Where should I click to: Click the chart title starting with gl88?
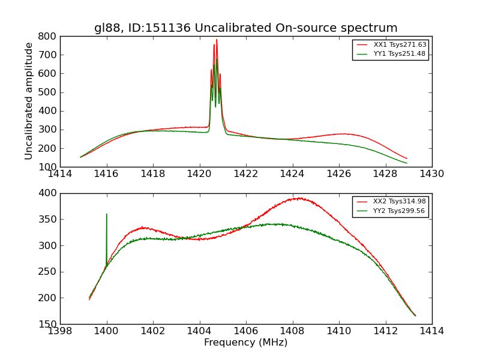click(245, 28)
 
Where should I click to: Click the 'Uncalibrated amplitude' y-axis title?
click(29, 101)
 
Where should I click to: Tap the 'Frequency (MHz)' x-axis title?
click(245, 343)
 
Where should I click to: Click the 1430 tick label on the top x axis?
click(431, 174)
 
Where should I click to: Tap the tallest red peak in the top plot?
click(217, 40)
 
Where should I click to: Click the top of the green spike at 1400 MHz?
click(107, 214)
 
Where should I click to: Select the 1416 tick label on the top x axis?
click(106, 174)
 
